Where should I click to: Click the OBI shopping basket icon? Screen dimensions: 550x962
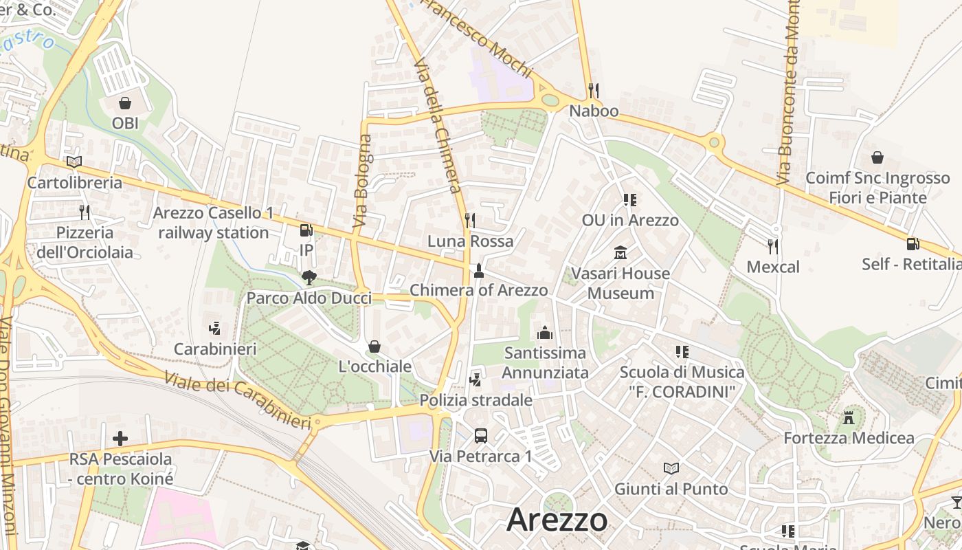(x=125, y=104)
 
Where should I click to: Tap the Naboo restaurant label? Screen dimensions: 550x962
(x=594, y=111)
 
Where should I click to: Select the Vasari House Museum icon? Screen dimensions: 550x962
(x=620, y=253)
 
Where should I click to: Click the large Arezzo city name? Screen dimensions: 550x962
(x=557, y=520)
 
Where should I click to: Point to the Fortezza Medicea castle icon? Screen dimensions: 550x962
(x=849, y=417)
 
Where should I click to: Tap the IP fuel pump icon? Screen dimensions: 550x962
(x=306, y=231)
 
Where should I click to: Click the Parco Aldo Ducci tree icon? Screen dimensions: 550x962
(x=309, y=278)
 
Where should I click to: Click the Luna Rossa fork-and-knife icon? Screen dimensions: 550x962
(x=470, y=221)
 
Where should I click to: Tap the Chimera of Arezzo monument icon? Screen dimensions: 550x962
(x=479, y=270)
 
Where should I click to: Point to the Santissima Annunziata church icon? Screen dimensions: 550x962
(x=545, y=333)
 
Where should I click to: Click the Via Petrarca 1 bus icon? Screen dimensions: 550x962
(x=481, y=435)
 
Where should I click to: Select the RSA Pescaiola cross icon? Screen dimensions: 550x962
(x=120, y=438)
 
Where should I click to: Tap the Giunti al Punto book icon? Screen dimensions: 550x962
(x=671, y=468)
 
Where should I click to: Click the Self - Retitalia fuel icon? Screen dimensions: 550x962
(x=913, y=243)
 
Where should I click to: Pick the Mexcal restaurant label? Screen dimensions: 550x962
(x=773, y=267)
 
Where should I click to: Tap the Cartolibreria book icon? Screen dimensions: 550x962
(x=74, y=162)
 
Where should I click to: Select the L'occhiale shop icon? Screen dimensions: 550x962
(x=374, y=346)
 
